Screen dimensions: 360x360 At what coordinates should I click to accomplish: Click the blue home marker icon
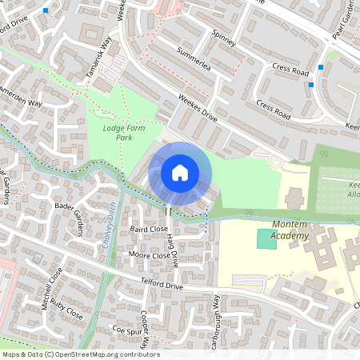coord(180,172)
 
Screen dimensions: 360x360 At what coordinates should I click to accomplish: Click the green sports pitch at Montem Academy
coord(266,238)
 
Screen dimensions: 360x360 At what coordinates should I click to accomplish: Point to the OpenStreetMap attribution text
coord(80,354)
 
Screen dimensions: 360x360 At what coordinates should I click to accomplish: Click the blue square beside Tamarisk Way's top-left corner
coord(46,10)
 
